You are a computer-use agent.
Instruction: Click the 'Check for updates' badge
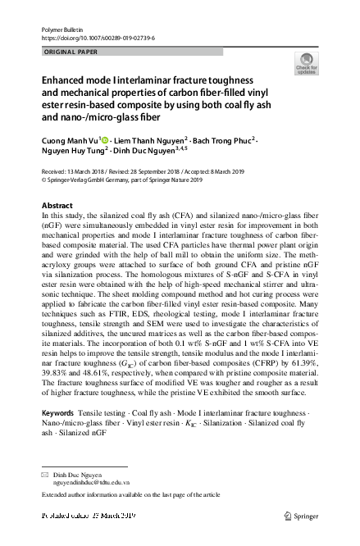(307, 64)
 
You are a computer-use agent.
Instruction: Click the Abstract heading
(57, 204)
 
